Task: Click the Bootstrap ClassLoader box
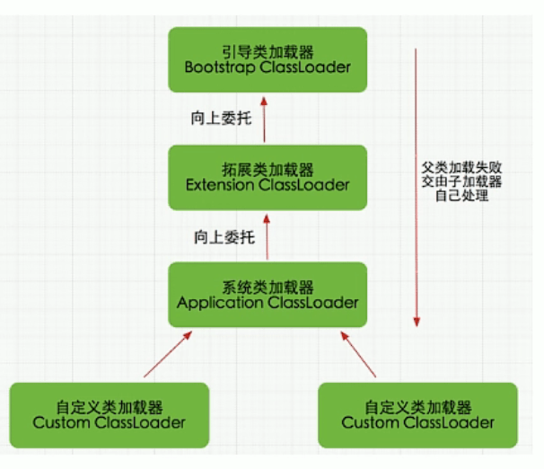(x=268, y=58)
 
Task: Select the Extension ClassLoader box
(x=268, y=177)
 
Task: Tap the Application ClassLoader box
(x=268, y=295)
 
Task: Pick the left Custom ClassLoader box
(x=109, y=414)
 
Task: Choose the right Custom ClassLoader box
(x=417, y=414)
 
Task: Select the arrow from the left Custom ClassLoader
(x=167, y=353)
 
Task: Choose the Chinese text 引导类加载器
(x=268, y=50)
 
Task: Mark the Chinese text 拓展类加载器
(x=268, y=169)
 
